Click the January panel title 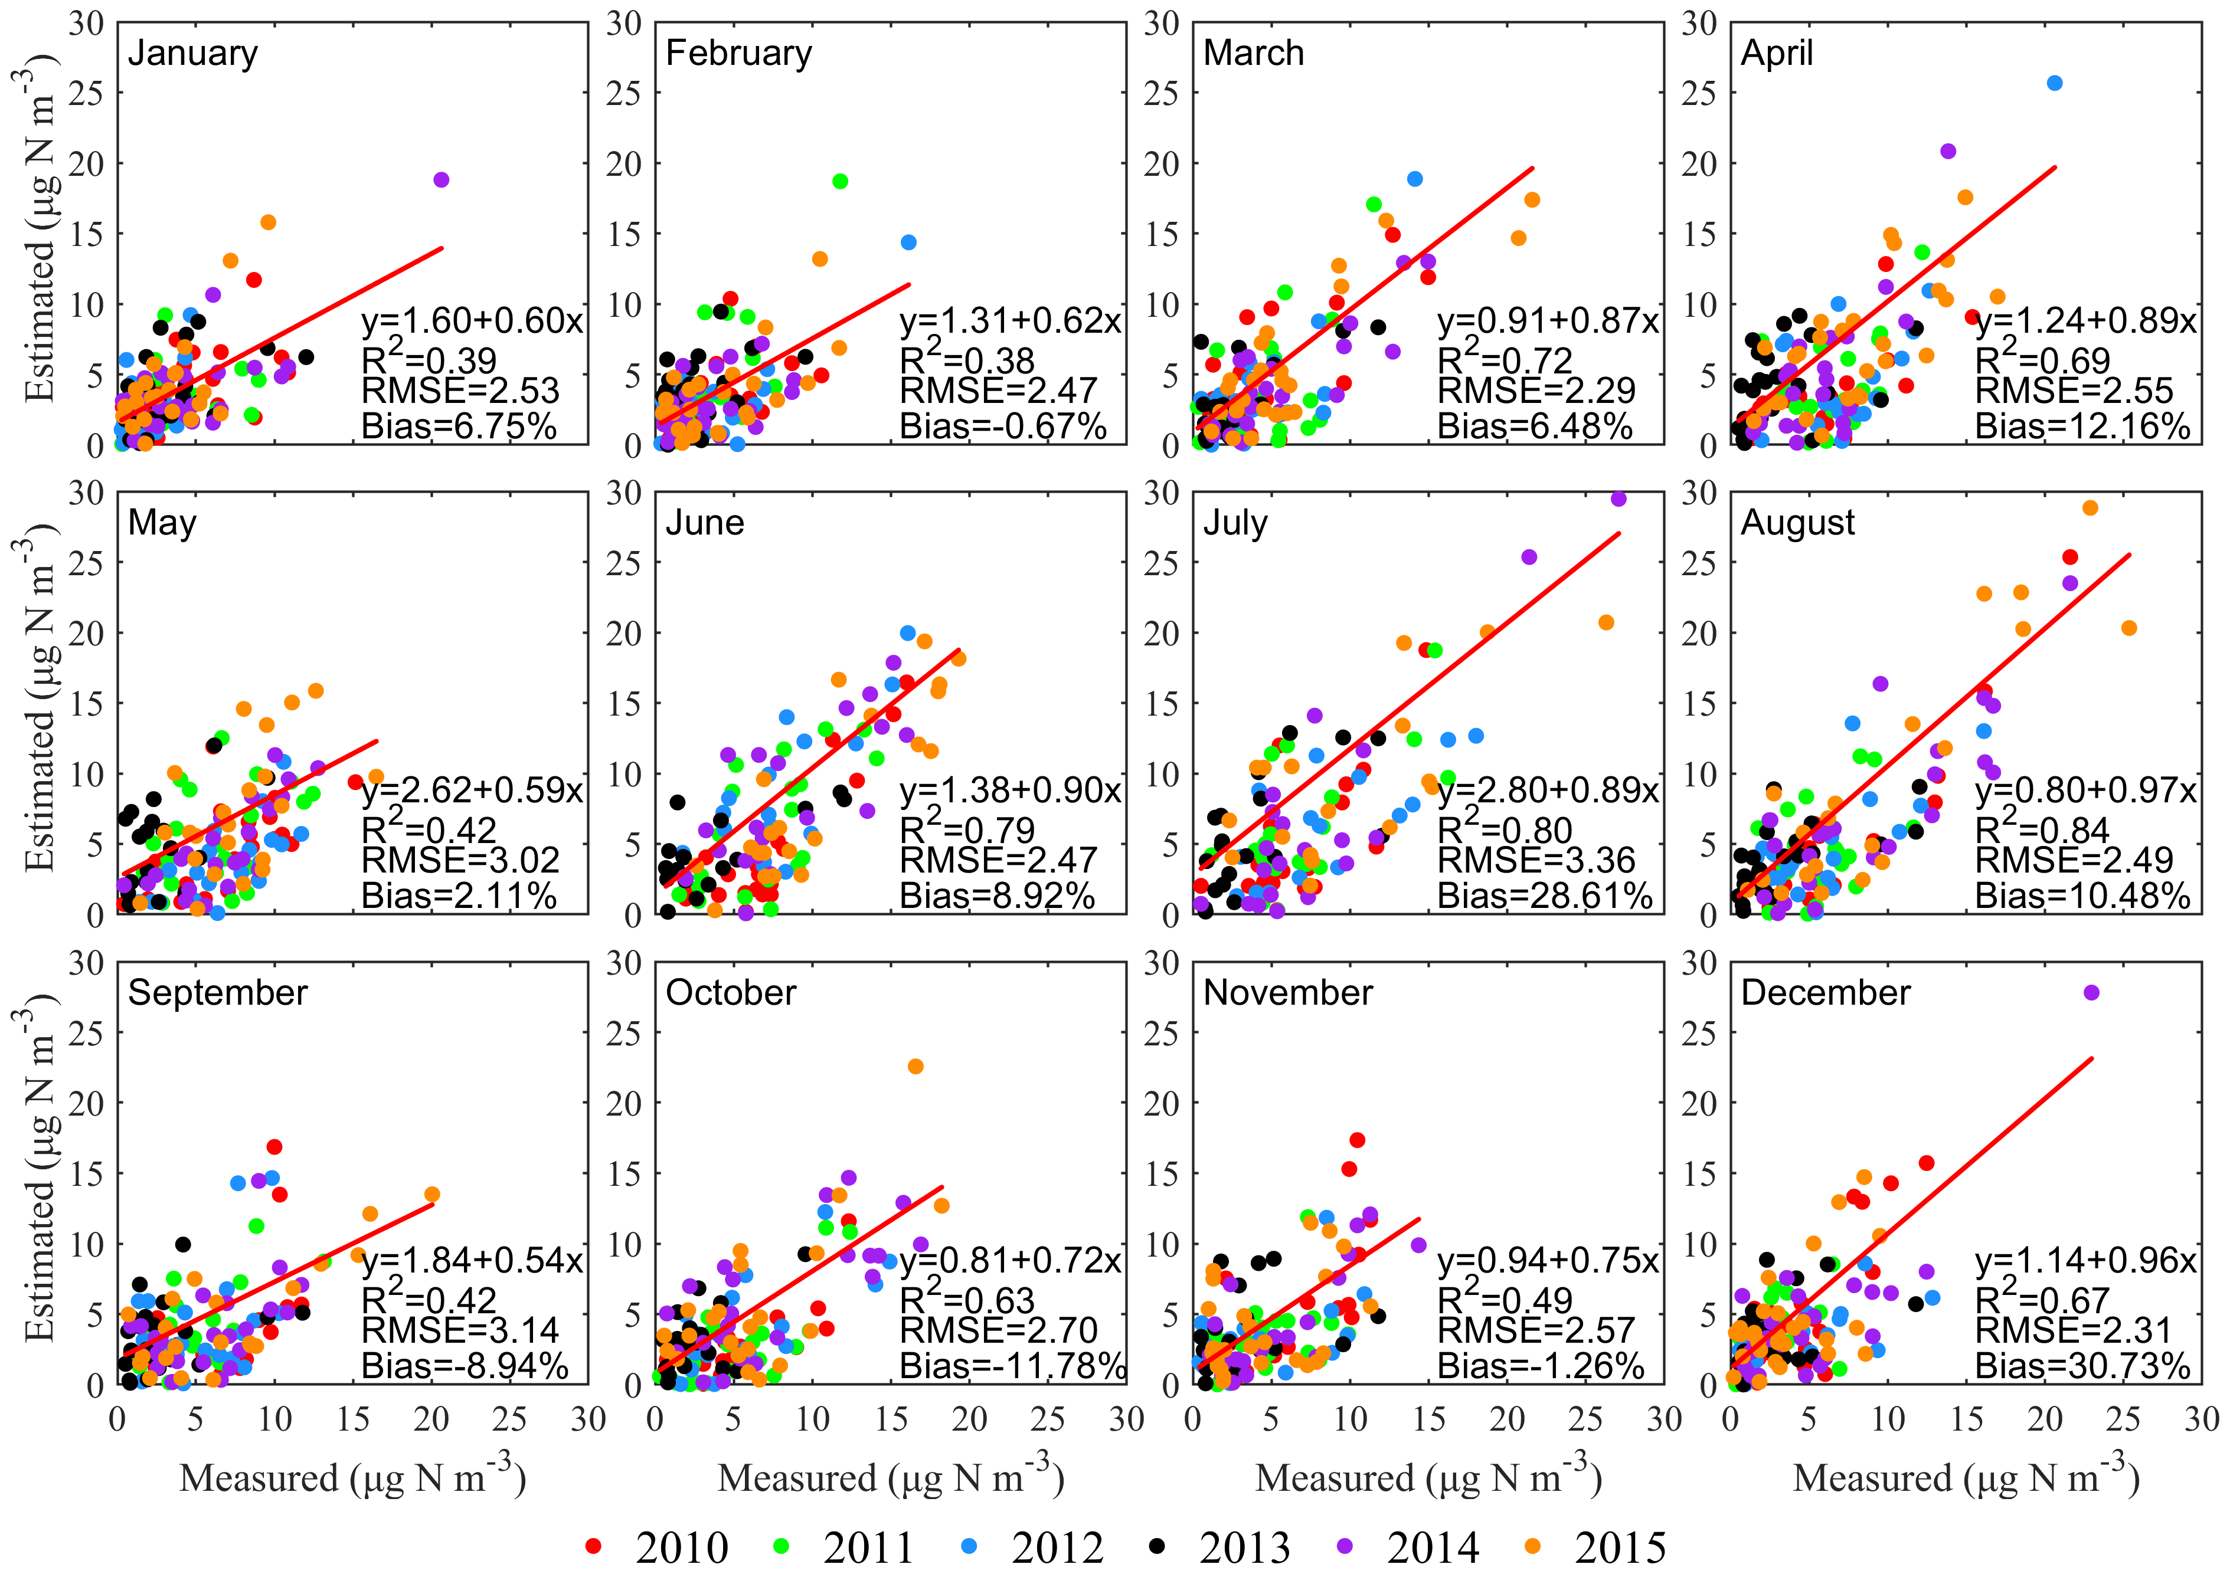pos(192,54)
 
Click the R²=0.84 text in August pos(2042,829)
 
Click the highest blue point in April pos(2054,84)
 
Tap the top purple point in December pos(2091,992)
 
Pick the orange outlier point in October pos(915,1066)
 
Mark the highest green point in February pos(840,182)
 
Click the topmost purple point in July pos(1618,499)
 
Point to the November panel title pos(1288,992)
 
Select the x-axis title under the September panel pos(352,1477)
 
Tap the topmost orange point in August pos(2090,508)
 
